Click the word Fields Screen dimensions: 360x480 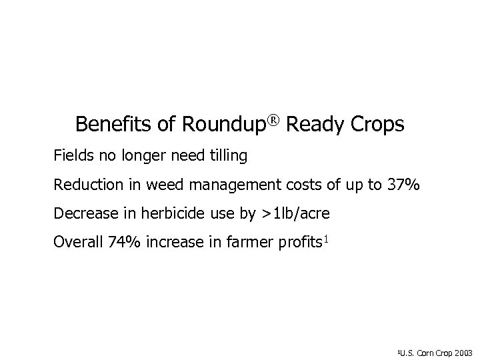click(x=75, y=157)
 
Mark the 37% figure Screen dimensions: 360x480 click(x=403, y=185)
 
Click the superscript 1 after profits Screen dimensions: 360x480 click(x=324, y=238)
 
